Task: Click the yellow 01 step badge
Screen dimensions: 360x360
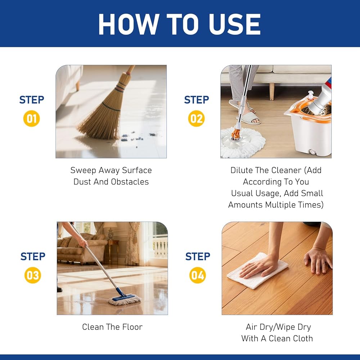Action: tap(31, 118)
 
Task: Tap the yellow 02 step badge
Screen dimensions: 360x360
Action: tap(196, 118)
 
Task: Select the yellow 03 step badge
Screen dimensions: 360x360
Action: tap(33, 275)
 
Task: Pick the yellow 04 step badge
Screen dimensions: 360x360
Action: tap(197, 275)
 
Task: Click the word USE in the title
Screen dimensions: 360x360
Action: tap(235, 24)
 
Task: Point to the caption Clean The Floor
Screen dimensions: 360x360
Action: tap(112, 327)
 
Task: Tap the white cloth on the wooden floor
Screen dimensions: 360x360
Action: tap(257, 270)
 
